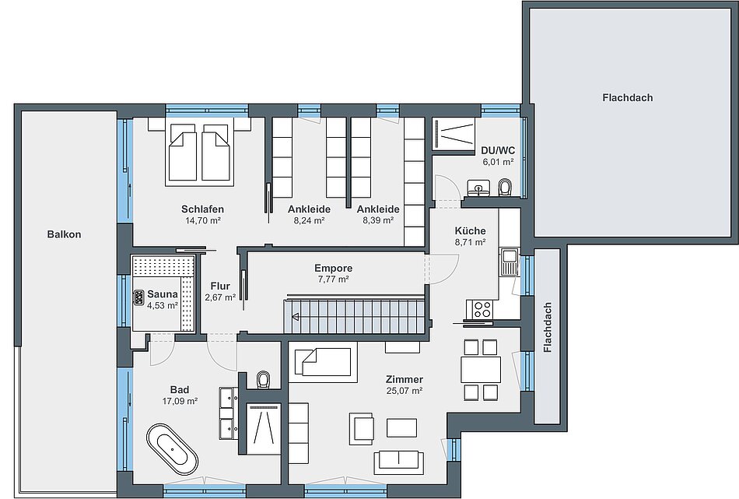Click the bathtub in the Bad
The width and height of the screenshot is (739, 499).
coord(172,448)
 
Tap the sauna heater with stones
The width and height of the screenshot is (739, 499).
coord(139,297)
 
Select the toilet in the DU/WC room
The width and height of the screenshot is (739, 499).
coord(505,187)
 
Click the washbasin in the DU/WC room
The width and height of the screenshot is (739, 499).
coord(479,188)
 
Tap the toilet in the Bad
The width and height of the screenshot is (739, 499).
coord(263,380)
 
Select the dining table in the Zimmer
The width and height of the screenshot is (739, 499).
coord(481,370)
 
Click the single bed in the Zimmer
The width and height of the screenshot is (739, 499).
coord(323,362)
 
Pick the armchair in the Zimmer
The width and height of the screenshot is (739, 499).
coord(362,429)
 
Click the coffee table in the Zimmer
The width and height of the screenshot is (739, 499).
coord(401,428)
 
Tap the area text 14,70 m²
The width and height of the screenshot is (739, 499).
coord(203,220)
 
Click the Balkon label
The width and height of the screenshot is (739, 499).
coord(64,234)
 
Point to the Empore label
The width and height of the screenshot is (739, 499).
coord(334,269)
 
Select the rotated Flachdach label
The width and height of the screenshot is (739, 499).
coord(547,328)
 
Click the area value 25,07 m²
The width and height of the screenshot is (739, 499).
coord(405,391)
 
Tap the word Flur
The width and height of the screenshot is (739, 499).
coord(220,286)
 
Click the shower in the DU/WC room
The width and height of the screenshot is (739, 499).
coord(454,133)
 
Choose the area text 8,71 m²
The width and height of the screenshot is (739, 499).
coord(470,242)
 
